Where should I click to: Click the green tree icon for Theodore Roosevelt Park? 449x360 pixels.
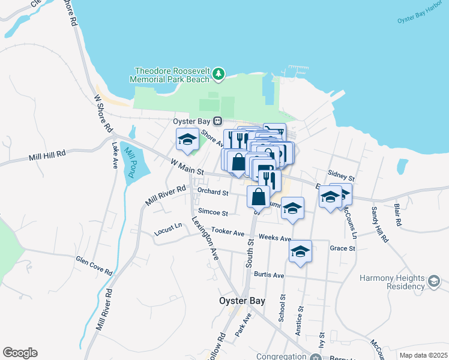(x=219, y=74)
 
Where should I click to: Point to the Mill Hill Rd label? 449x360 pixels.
(x=47, y=157)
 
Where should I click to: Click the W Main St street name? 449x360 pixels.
(x=184, y=164)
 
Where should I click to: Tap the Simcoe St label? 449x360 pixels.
(x=213, y=213)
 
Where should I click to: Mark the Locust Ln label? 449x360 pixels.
(x=168, y=227)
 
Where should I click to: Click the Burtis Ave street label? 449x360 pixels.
(x=268, y=275)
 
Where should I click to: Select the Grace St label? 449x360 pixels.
(x=339, y=248)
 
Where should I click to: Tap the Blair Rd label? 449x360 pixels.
(x=397, y=214)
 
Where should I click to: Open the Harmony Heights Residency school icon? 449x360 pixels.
(x=433, y=280)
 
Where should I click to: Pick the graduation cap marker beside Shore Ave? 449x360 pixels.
(x=187, y=140)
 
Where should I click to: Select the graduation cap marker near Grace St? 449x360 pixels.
(x=300, y=251)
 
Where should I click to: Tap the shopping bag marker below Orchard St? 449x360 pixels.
(x=258, y=196)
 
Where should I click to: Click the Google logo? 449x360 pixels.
(x=20, y=353)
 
